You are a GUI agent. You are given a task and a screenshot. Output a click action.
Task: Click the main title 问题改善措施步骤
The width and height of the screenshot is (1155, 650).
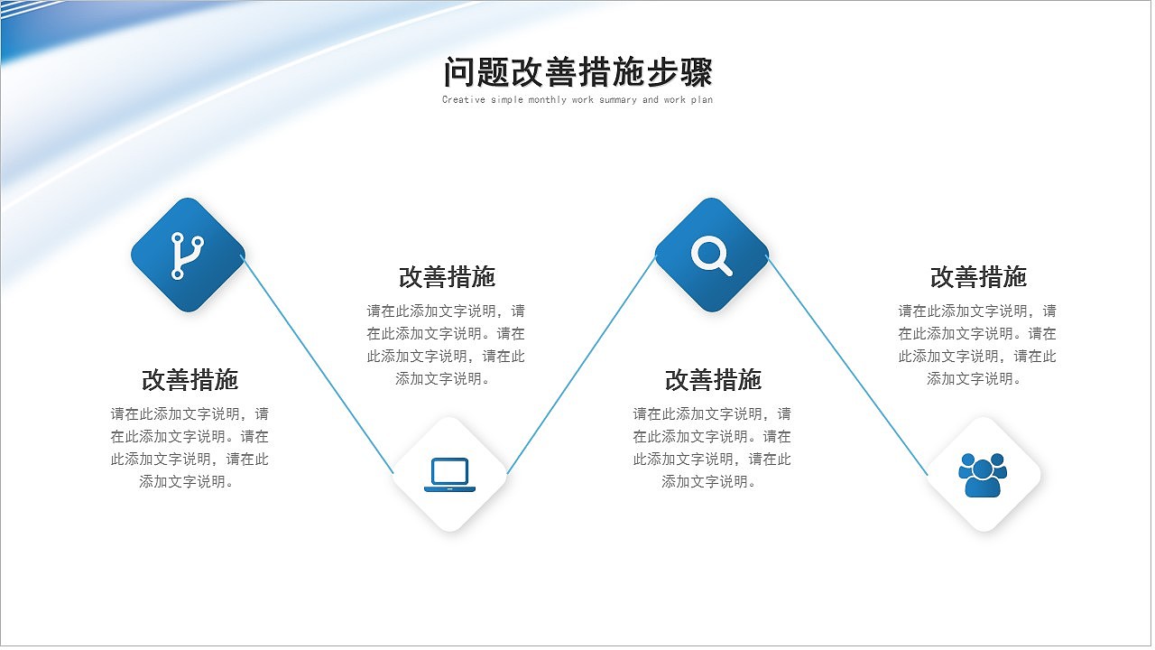coord(577,72)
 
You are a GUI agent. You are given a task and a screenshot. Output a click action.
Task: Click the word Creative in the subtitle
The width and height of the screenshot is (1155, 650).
coord(464,100)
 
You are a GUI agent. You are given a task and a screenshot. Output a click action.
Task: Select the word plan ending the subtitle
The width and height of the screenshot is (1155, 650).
coord(702,100)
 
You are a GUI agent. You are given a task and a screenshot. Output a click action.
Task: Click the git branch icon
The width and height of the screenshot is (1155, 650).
coord(188,255)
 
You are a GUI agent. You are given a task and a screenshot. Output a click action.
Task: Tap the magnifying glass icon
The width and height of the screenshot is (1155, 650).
coord(711,255)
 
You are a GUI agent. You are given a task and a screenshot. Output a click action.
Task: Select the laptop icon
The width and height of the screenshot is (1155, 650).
coord(449,474)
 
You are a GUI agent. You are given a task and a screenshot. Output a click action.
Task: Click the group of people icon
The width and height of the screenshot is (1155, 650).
coord(983,474)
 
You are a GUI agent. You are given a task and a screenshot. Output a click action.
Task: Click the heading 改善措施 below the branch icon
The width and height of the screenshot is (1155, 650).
coord(189,380)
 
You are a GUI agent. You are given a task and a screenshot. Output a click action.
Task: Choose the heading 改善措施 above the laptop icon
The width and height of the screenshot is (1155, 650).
coord(447,276)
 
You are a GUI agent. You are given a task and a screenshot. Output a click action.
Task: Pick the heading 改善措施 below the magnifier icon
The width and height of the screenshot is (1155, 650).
coord(713,380)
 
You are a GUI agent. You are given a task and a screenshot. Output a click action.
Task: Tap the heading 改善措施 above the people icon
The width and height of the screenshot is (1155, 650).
coord(978,276)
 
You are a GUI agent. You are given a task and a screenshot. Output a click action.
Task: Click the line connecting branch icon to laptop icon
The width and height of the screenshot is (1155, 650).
coord(318,364)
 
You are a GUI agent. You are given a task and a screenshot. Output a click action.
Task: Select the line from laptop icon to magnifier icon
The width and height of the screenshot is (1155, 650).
coord(581,364)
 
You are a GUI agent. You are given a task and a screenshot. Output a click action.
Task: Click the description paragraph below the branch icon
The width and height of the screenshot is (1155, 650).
coord(189,448)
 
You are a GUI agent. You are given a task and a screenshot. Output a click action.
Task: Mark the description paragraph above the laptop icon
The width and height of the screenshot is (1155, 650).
coord(446,345)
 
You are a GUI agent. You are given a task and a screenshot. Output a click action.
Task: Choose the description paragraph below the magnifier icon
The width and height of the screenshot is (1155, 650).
coord(712,448)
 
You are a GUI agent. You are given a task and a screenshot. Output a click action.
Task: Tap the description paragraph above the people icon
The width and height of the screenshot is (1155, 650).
coord(977,345)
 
